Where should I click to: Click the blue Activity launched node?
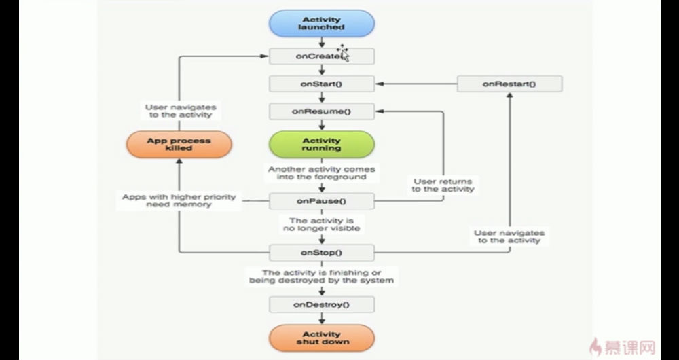322,23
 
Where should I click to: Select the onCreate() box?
322,56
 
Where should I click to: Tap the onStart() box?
322,84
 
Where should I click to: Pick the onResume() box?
322,111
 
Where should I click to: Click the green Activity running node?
322,144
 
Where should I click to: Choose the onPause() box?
322,201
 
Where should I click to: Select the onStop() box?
322,253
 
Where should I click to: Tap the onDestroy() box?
322,304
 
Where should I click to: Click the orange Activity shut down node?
322,338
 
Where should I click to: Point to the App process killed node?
179,144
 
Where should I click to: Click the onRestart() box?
510,84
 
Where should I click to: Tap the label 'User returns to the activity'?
443,185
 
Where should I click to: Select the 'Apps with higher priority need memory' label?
179,200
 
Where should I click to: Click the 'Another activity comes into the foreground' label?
322,173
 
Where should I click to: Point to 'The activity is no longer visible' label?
322,224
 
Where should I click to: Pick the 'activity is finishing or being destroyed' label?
322,276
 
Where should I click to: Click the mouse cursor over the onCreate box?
343,53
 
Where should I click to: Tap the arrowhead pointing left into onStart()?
380,84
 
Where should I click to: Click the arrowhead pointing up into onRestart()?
510,95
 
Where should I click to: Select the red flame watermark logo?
595,346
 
